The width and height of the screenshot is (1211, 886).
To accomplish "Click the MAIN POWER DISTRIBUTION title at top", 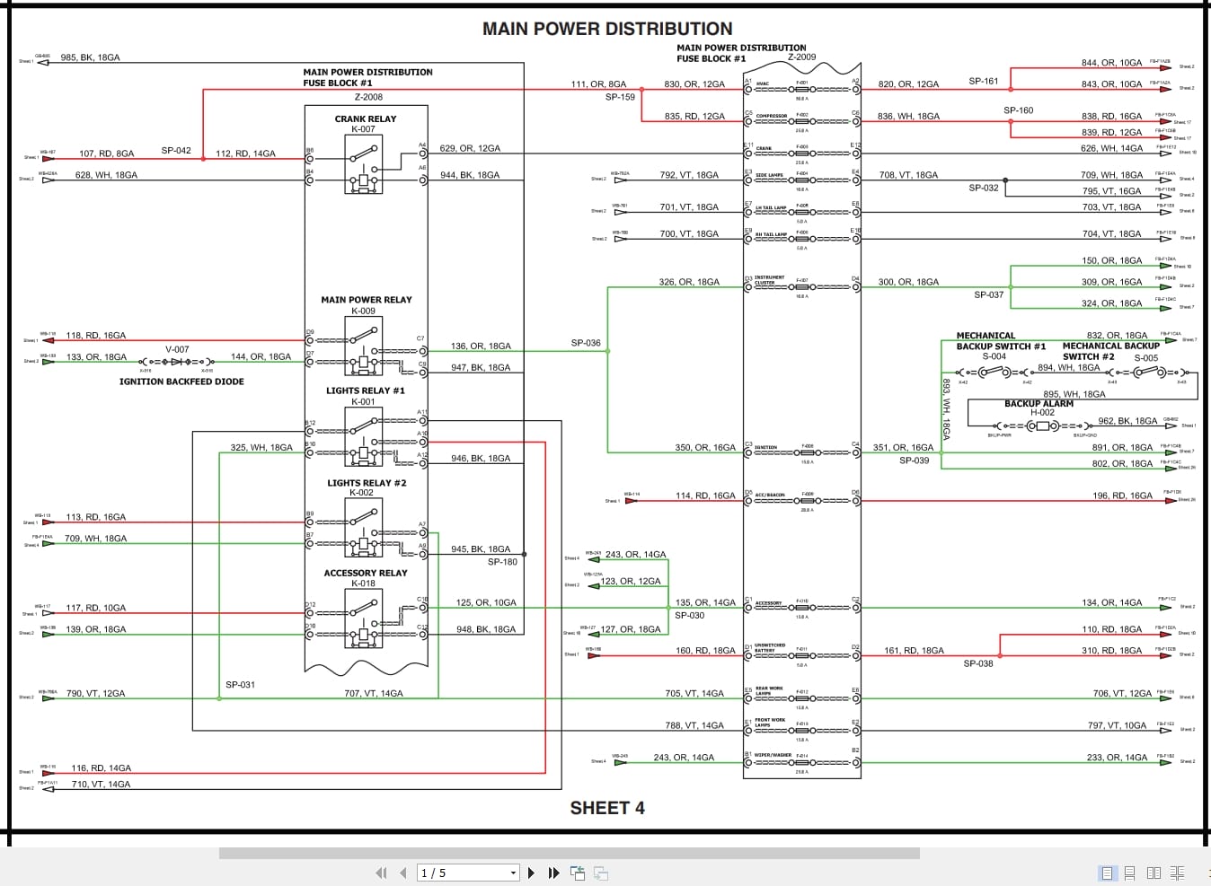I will [x=607, y=29].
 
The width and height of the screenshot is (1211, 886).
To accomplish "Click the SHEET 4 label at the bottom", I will [x=607, y=808].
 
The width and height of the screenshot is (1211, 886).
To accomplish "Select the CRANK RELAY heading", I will [x=365, y=118].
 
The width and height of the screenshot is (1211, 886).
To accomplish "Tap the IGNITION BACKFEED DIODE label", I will [x=181, y=382].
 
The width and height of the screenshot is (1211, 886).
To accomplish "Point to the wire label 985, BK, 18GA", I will [x=90, y=57].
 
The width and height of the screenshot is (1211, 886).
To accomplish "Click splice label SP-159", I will [x=620, y=97].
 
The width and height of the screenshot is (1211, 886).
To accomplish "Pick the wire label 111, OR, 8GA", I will [x=598, y=84].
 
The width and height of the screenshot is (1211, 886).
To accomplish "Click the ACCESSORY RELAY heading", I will [x=365, y=573].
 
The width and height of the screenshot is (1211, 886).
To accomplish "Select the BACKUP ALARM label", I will [x=1039, y=404].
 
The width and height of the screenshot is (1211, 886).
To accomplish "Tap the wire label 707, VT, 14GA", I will [x=373, y=694].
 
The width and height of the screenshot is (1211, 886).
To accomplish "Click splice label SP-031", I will [x=240, y=685].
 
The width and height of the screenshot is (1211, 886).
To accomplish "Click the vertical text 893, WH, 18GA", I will [x=946, y=408].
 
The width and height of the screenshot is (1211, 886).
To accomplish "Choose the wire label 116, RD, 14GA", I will [x=101, y=768].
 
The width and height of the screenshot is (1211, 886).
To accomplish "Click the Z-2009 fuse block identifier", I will [x=801, y=57].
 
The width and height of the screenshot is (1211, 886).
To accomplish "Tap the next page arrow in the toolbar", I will [x=532, y=873].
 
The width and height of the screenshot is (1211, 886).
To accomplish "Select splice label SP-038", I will [x=978, y=664].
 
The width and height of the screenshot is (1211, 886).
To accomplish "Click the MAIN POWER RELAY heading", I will [x=366, y=300].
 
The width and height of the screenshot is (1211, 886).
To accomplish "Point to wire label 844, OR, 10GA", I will [x=1111, y=63].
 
